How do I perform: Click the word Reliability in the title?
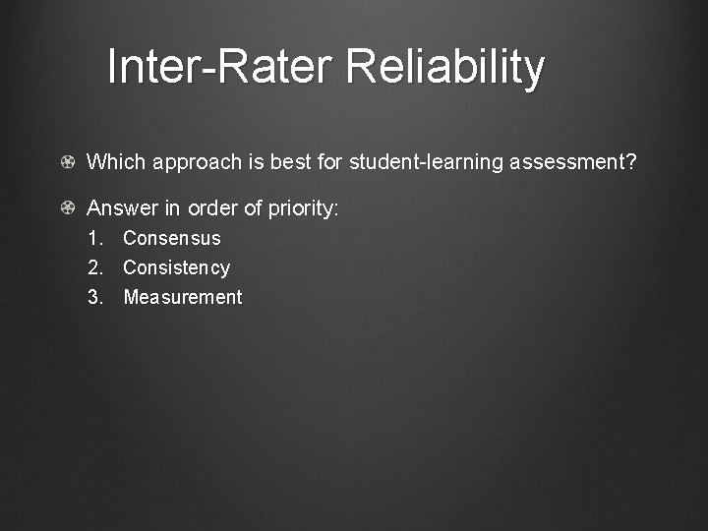coord(445,67)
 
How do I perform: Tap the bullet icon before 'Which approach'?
coord(67,161)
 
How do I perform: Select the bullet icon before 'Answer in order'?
coord(67,208)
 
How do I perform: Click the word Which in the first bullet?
coord(113,161)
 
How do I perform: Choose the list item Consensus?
coord(172,238)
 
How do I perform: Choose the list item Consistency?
coord(176,267)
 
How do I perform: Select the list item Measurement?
coord(182,297)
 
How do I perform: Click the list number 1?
coord(94,238)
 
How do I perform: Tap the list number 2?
coord(94,267)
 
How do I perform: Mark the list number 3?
coord(94,297)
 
